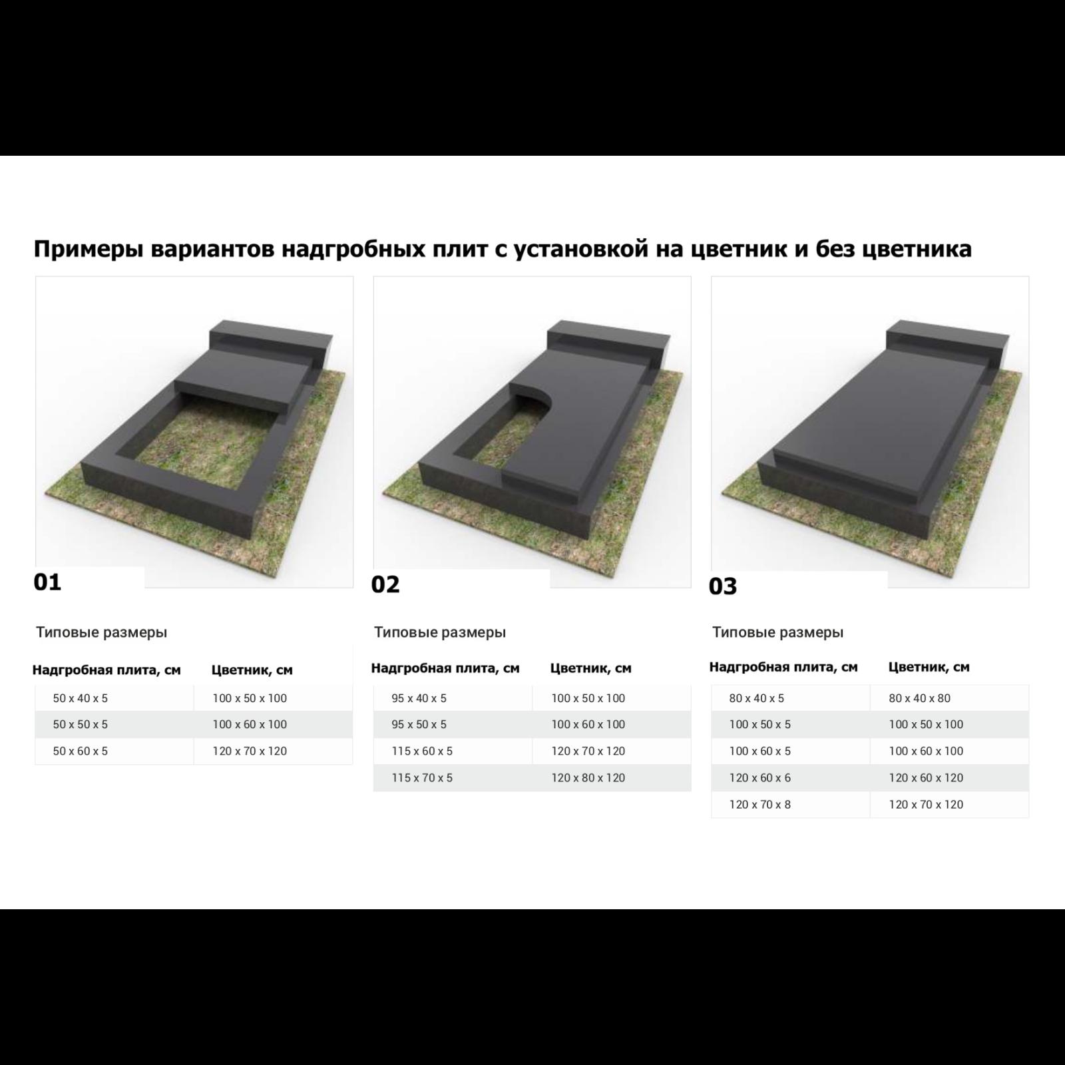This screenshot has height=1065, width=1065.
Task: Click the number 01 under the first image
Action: point(47,582)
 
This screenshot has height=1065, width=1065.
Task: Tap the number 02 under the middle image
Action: point(385,584)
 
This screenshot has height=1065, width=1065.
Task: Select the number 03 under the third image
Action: point(723,586)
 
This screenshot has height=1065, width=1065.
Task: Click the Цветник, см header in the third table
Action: point(929,667)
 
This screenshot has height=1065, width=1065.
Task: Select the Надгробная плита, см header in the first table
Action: point(106,670)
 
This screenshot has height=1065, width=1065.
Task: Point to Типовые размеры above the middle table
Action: point(440,632)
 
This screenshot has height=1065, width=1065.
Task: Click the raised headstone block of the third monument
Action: point(945,336)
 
